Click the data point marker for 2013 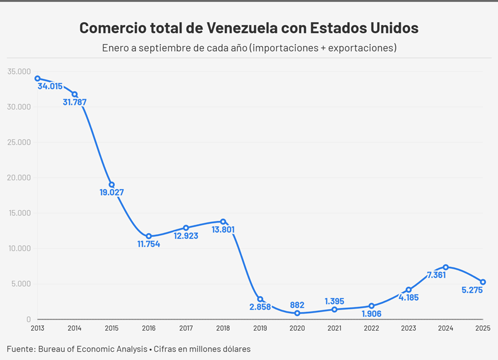click(x=37, y=78)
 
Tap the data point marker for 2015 click(x=111, y=185)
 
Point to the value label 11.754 click(x=148, y=244)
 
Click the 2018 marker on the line click(x=223, y=222)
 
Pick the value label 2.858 click(x=261, y=307)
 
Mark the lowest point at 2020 click(x=297, y=313)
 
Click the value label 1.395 click(x=335, y=301)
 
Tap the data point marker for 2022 click(x=371, y=306)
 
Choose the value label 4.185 click(x=408, y=297)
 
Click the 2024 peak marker click(x=446, y=267)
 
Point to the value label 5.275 click(x=472, y=290)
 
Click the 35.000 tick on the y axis click(x=19, y=71)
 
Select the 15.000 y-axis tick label click(x=19, y=213)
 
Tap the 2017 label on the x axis click(x=186, y=328)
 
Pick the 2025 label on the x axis click(x=483, y=328)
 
